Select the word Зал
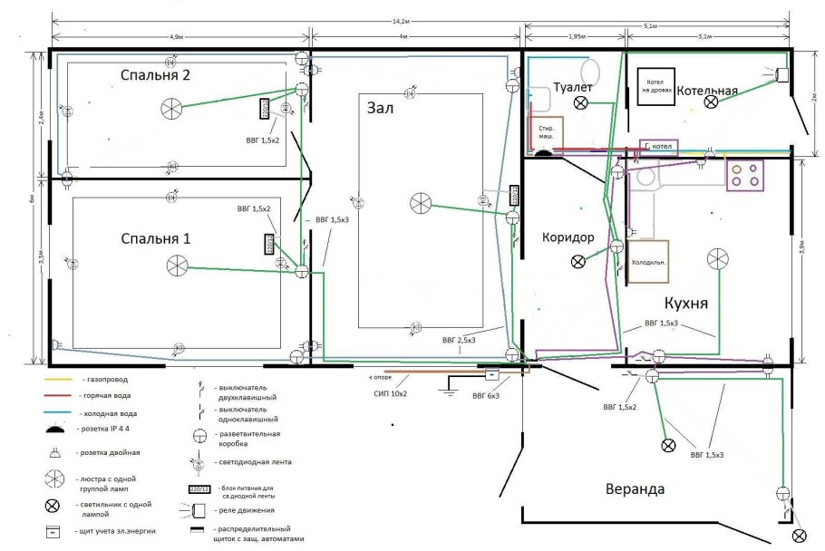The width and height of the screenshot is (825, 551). (383, 108)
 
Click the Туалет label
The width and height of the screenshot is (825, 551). (573, 87)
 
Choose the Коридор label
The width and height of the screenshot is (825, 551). (568, 237)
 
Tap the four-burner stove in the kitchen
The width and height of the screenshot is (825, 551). (744, 174)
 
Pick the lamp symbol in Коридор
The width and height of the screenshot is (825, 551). (577, 262)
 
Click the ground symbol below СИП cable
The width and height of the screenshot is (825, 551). (446, 391)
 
